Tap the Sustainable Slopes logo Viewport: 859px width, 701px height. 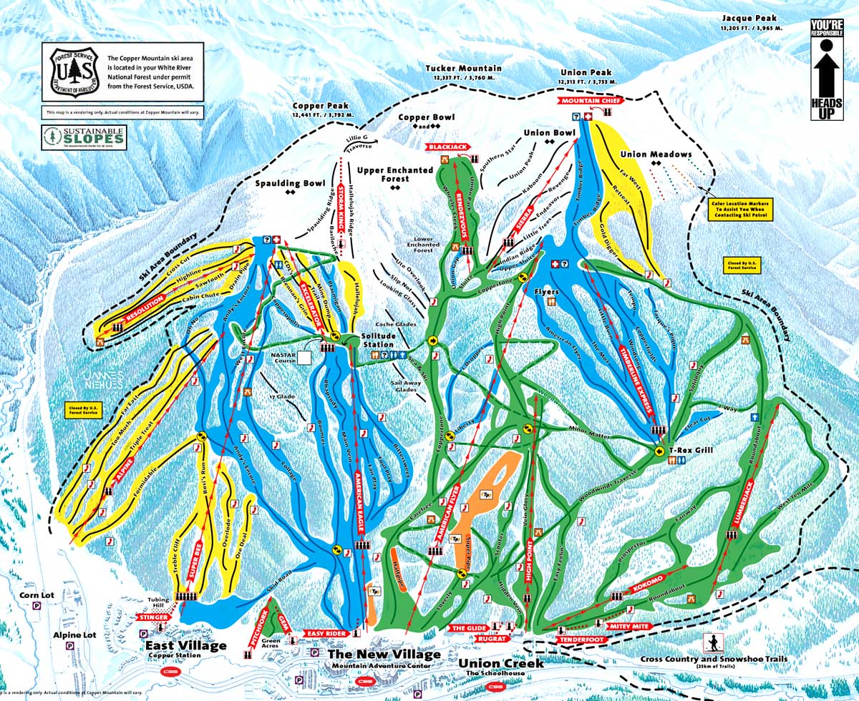84,137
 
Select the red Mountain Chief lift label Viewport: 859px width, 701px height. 588,102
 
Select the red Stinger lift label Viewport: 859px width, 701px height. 153,616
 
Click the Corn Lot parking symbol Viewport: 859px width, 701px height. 37,605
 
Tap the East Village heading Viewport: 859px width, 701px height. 183,646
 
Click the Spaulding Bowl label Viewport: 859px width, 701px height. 291,184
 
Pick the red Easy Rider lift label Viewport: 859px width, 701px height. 327,634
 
